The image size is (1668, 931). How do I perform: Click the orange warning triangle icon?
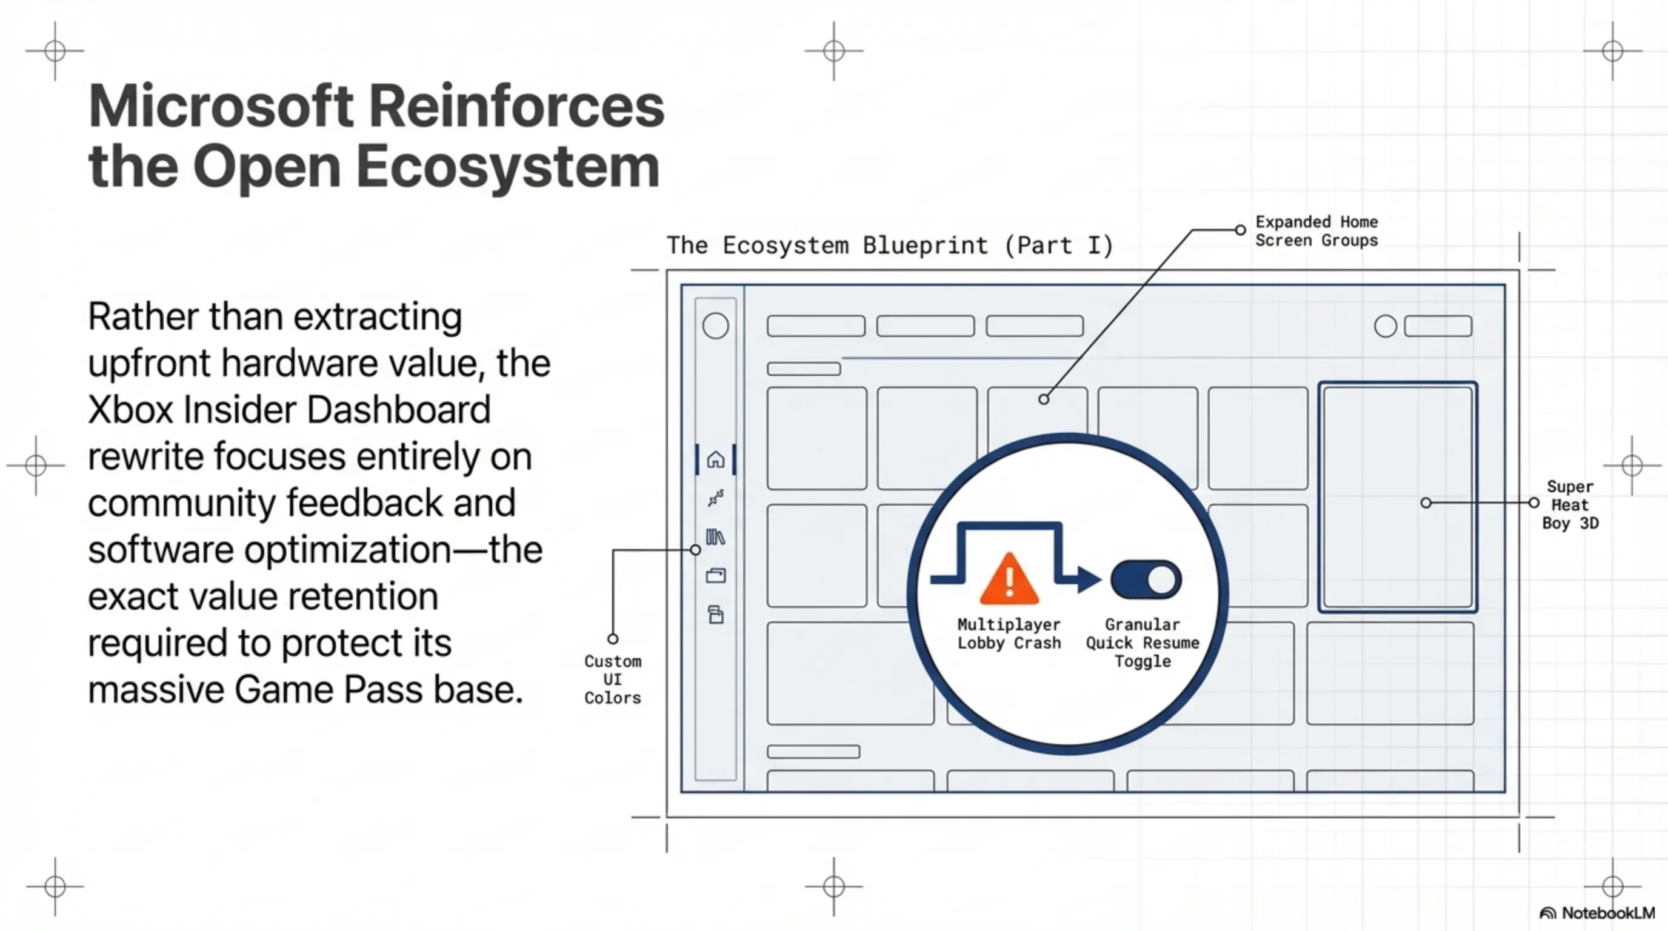[x=1009, y=581]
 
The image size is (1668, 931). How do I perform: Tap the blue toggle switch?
[x=1146, y=579]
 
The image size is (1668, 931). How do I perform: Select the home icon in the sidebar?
[x=715, y=459]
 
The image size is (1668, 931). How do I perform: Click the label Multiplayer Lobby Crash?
[x=1009, y=634]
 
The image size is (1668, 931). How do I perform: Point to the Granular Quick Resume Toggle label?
[x=1143, y=643]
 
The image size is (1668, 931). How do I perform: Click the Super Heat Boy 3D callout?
[x=1570, y=505]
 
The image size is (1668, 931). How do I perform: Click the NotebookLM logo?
[x=1598, y=913]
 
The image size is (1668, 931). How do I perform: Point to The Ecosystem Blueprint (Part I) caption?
[x=890, y=245]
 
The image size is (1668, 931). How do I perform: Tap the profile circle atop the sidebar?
[x=715, y=325]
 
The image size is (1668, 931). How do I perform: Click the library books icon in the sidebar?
[x=715, y=538]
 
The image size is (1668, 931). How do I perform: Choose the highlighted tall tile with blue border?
[x=1397, y=496]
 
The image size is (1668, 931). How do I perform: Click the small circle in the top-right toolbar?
[x=1385, y=325]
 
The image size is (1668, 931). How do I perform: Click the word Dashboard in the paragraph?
[x=398, y=410]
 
